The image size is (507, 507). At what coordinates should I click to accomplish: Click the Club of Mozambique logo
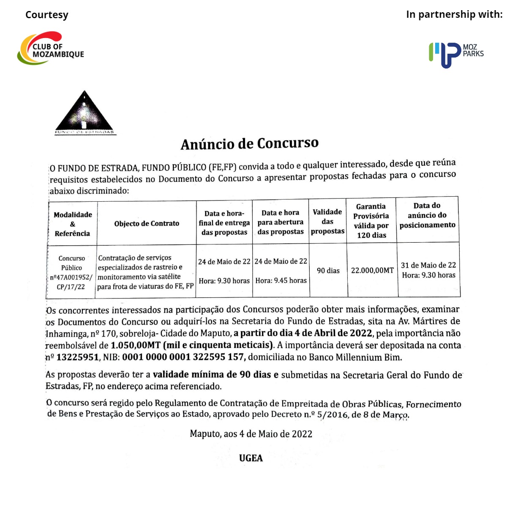click(51, 49)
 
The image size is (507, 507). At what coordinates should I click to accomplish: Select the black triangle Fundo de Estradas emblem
click(84, 112)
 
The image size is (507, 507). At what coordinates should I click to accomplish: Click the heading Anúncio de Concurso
click(249, 144)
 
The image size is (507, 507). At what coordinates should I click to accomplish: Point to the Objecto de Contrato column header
click(147, 223)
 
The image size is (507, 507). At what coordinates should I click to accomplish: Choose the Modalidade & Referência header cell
click(73, 224)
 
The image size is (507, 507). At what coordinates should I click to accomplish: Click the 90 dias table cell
click(328, 271)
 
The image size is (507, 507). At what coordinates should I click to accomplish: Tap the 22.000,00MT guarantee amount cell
click(372, 270)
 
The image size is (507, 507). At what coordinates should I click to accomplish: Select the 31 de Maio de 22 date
click(428, 265)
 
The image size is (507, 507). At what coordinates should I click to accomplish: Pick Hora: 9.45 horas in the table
click(281, 280)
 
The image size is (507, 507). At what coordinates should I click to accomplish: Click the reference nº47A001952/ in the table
click(71, 277)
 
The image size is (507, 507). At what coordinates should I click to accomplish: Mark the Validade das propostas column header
click(327, 222)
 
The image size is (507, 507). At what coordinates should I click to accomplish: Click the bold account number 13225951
click(77, 357)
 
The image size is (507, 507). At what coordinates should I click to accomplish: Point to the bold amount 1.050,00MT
click(135, 345)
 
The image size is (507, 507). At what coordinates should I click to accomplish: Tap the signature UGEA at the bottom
click(251, 458)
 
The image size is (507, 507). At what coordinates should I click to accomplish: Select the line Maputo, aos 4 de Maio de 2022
click(251, 434)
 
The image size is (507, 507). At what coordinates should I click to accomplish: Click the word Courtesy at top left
click(47, 15)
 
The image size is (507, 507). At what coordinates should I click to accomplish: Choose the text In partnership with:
click(454, 14)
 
